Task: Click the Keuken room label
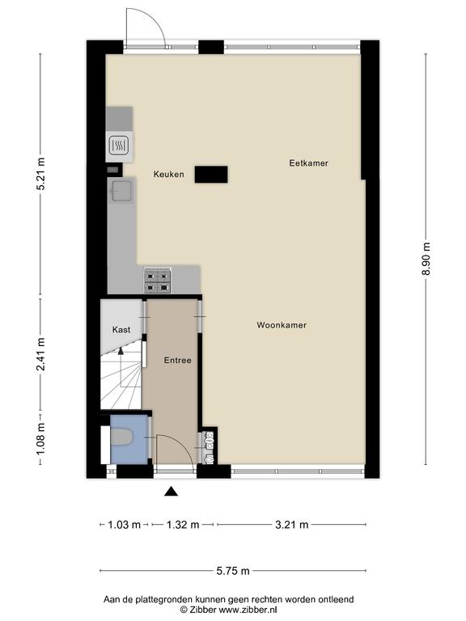pos(169,175)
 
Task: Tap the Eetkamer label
pos(309,163)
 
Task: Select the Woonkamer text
pos(282,325)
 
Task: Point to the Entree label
pos(178,361)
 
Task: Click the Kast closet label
pos(121,330)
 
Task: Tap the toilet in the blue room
pos(121,438)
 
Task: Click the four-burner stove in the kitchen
pos(157,280)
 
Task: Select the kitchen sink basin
pos(121,192)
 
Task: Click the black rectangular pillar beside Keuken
pos(211,175)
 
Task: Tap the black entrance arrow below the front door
pos(172,491)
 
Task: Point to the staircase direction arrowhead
pos(121,349)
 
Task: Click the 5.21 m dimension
pos(40,175)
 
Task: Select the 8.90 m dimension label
pos(426,259)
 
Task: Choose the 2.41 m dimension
pos(40,354)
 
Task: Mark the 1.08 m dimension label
pos(40,438)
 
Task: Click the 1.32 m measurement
pos(183,525)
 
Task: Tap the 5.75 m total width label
pos(233,571)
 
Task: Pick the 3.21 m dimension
pos(292,525)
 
